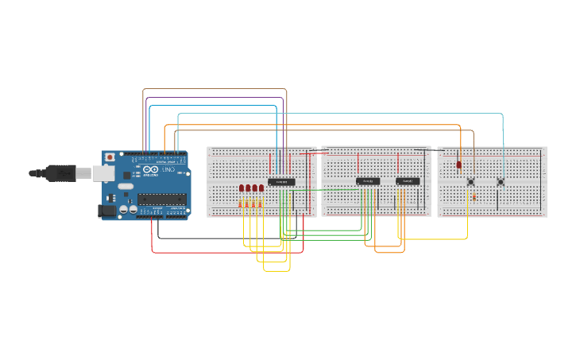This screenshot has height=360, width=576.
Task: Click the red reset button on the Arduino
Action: (x=110, y=157)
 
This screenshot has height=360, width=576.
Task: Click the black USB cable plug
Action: (x=60, y=172)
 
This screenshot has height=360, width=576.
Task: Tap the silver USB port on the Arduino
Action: (x=102, y=172)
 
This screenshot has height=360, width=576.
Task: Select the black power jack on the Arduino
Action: (x=106, y=211)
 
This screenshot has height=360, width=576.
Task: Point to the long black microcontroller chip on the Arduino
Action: (x=163, y=199)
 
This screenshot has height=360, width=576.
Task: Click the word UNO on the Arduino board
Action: (x=168, y=171)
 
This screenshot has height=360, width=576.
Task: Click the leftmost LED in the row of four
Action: (x=242, y=188)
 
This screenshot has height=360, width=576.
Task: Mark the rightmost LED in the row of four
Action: (x=261, y=188)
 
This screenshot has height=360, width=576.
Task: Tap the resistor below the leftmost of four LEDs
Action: (x=241, y=204)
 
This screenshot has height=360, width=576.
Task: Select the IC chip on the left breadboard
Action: (x=281, y=182)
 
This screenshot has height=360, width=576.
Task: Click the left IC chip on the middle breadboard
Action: (x=368, y=181)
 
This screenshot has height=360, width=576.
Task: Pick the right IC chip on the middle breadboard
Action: (x=408, y=181)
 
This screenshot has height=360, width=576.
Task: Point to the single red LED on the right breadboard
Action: (x=459, y=165)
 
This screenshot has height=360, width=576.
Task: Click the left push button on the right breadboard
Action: (x=470, y=182)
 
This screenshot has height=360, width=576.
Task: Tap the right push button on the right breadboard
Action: (x=501, y=182)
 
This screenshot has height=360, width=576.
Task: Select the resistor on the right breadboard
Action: (x=474, y=196)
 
